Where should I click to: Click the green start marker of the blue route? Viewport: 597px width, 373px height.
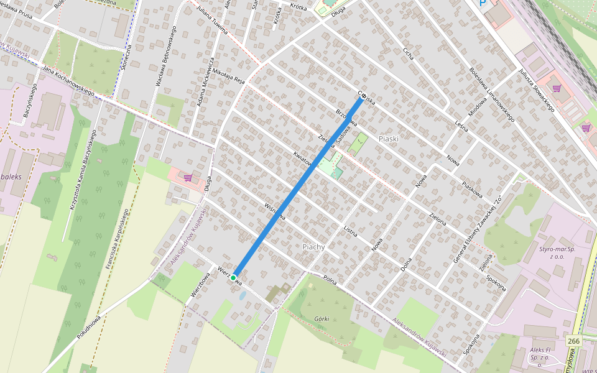coord(233,278)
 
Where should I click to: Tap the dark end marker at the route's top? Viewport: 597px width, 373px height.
coord(362,96)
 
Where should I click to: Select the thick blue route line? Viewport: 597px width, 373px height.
coord(297,187)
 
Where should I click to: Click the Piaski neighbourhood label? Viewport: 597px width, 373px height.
coord(387,139)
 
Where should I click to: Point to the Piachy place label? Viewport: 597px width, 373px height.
coord(313,247)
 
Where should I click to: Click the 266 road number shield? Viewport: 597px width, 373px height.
coord(574,341)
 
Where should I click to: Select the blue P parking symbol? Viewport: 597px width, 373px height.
coord(483,3)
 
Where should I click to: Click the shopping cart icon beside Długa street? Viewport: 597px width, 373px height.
coord(187,178)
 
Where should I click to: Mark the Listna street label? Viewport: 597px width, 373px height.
coord(351,232)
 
